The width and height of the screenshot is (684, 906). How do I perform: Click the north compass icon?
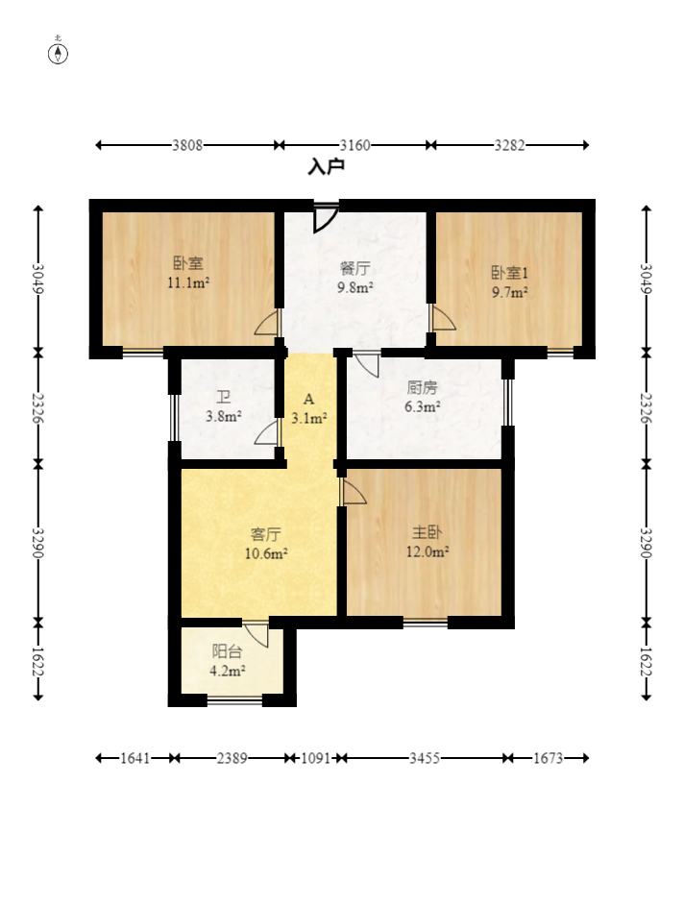click(x=58, y=54)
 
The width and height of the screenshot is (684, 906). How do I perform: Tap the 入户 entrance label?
click(x=327, y=166)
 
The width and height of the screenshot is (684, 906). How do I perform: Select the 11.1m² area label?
click(x=188, y=282)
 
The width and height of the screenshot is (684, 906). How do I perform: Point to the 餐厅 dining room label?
click(x=354, y=268)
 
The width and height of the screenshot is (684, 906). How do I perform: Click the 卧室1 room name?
click(x=509, y=272)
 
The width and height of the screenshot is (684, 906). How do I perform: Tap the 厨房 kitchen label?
click(x=423, y=387)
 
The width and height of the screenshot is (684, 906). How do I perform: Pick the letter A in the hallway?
click(x=309, y=400)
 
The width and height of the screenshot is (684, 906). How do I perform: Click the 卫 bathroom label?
click(x=224, y=397)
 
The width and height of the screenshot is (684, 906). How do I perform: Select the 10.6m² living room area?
click(x=266, y=553)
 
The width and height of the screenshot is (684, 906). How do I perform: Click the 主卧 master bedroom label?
click(x=427, y=532)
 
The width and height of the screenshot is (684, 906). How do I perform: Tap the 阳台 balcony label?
click(x=227, y=651)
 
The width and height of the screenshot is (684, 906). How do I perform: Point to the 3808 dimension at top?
click(x=187, y=145)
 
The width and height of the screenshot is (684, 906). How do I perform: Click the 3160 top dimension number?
click(x=354, y=145)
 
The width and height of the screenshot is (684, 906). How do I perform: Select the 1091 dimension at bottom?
click(x=315, y=757)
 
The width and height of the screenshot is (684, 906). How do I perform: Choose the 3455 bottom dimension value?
click(x=425, y=757)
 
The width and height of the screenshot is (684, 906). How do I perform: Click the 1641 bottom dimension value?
click(x=135, y=757)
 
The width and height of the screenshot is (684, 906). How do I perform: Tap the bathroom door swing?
click(x=267, y=432)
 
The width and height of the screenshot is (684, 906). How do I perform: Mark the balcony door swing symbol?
click(x=256, y=634)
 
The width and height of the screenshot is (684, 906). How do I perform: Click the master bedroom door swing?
click(x=353, y=491)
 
